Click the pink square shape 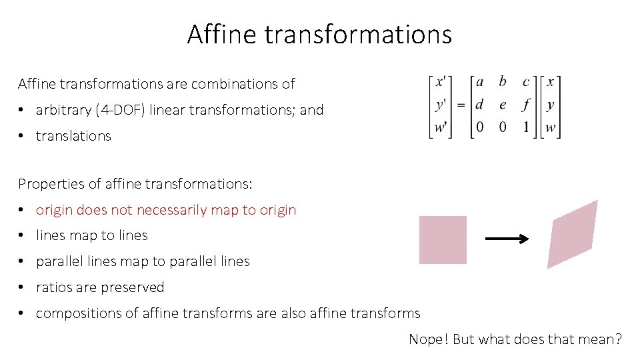pos(443,240)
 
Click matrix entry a pos(479,82)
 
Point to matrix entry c pos(526,82)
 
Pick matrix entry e pos(503,105)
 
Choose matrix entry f pos(527,105)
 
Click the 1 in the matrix pos(526,127)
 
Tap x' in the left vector pos(441,82)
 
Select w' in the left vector pos(441,127)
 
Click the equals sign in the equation pos(461,105)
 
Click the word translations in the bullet pos(73,136)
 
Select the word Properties pos(47,183)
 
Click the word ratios pos(53,287)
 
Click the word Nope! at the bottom pos(429,339)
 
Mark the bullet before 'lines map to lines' pos(23,235)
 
